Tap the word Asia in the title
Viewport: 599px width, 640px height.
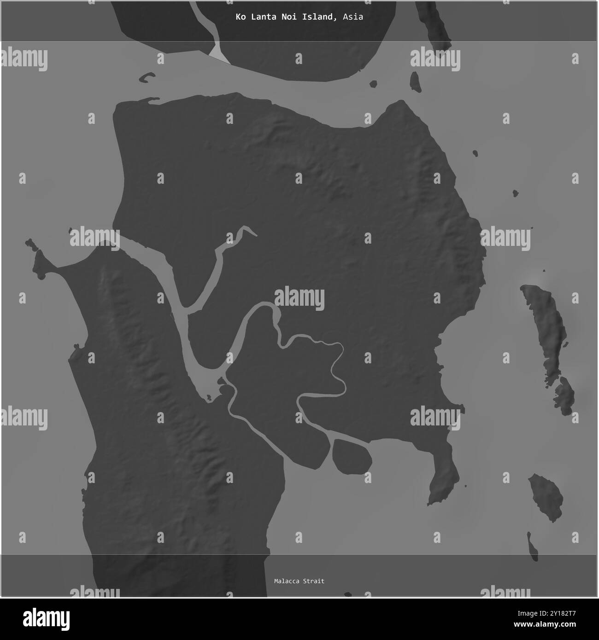click(x=353, y=17)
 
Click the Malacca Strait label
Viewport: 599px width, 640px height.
click(x=299, y=581)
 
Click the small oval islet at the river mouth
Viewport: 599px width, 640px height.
click(x=352, y=456)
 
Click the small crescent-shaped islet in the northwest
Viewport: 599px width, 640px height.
click(x=147, y=77)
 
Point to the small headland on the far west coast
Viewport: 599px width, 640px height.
click(x=39, y=263)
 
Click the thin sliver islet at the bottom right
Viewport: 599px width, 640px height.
click(x=533, y=547)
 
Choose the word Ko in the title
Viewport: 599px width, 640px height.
click(x=240, y=17)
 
